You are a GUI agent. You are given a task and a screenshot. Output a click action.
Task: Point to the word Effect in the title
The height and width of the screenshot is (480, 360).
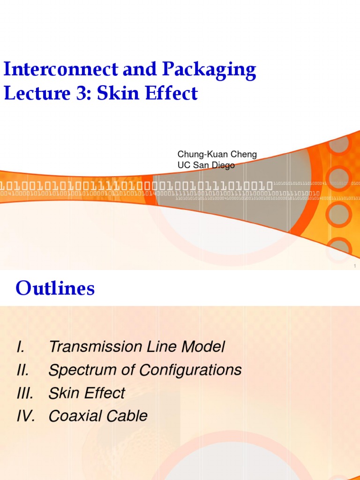tap(171, 94)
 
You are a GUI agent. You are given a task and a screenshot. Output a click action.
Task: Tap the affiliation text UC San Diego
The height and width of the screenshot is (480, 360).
tap(206, 165)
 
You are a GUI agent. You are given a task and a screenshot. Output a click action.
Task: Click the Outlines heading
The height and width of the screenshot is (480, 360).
tap(55, 289)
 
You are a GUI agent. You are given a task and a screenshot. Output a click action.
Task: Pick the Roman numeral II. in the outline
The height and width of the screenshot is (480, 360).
tap(22, 370)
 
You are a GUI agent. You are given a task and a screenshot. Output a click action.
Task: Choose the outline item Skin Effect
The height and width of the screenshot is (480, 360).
tap(87, 393)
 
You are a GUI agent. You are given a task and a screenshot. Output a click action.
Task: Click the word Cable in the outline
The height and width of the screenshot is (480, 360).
tap(127, 416)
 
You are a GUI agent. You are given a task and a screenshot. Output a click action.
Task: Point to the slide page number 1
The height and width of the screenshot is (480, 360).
tap(355, 266)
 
